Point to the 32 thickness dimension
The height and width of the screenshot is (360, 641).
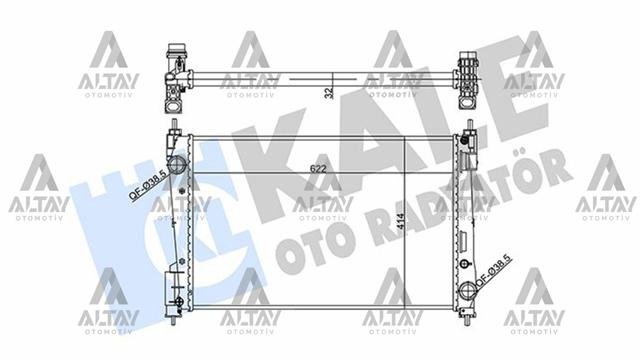(329, 92)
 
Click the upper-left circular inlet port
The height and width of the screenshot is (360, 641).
(177, 164)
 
